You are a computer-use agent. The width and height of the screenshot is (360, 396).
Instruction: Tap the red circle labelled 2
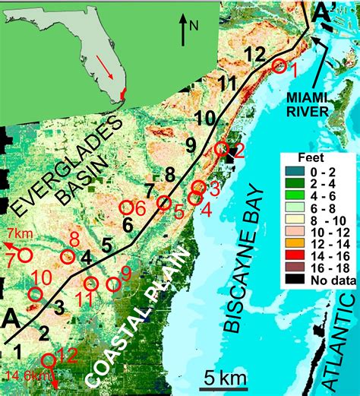click(222, 150)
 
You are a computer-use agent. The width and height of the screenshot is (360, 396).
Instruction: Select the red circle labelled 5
click(163, 202)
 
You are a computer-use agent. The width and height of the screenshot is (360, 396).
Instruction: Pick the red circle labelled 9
click(114, 284)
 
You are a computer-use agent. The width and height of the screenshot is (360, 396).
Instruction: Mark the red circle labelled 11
click(91, 284)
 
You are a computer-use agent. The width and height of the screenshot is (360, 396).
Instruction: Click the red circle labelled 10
click(34, 294)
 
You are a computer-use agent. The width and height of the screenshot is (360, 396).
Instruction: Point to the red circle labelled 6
click(126, 206)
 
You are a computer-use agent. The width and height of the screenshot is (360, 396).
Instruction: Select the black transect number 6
click(128, 224)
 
